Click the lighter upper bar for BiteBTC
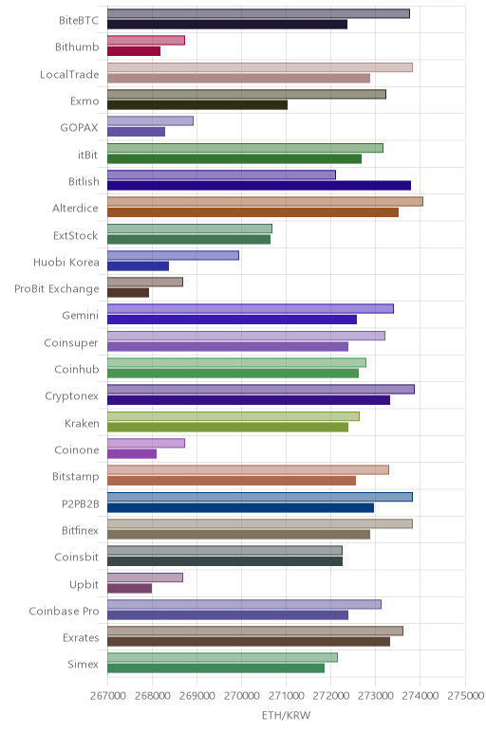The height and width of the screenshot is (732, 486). click(258, 13)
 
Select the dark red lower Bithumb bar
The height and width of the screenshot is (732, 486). click(134, 51)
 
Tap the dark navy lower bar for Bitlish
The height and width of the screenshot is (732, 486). click(259, 186)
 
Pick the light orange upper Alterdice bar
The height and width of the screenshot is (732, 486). click(265, 202)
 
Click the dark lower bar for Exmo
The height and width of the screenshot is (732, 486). click(197, 105)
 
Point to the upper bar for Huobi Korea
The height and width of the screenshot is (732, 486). click(173, 255)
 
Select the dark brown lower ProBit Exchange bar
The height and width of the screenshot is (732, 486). click(128, 293)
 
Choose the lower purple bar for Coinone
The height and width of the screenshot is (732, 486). click(132, 454)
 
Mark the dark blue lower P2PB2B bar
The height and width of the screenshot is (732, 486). click(241, 507)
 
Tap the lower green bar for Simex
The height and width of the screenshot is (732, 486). click(215, 668)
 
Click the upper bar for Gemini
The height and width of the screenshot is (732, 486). click(251, 308)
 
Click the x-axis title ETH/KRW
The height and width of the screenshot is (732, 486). click(286, 715)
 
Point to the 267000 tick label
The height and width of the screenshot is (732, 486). click(108, 696)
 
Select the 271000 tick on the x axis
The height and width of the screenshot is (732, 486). click(286, 696)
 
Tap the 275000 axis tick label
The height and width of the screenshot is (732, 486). click(465, 696)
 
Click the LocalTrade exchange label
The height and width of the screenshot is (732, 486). click(69, 74)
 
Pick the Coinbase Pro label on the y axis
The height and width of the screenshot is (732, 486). click(64, 611)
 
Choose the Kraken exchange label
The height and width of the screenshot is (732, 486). click(82, 424)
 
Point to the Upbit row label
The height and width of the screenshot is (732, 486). click(84, 584)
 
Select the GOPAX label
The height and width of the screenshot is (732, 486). click(79, 128)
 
